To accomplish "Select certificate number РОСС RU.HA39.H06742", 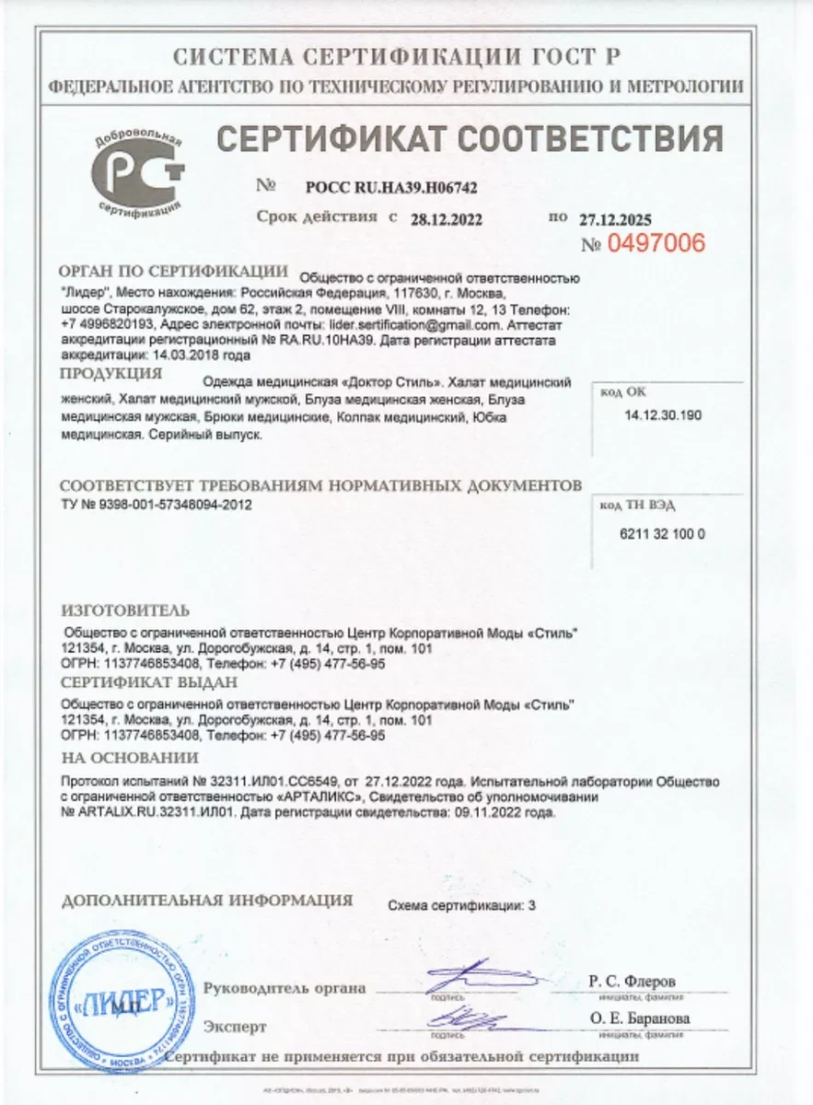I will pos(390,188).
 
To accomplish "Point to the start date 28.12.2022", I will pos(447,219).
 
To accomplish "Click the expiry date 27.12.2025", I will pos(614,219).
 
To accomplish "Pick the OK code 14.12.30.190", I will pos(662,415).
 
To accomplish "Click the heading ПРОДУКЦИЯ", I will pos(110,374).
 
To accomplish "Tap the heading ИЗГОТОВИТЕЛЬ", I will pos(124,611).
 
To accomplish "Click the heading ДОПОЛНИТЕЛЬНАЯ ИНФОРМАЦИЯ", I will pos(206,899).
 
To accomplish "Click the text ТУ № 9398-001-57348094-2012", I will pos(156,505).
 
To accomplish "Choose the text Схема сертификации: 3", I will pos(461,905).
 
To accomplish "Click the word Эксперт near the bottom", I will pos(235,1026).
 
